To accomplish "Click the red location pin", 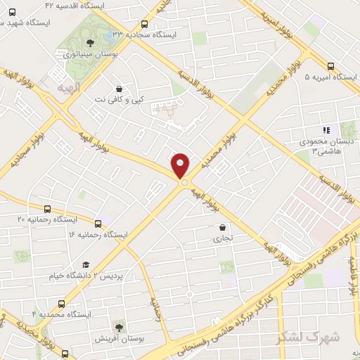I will coord(181,165).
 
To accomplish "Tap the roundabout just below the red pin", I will coord(185,183).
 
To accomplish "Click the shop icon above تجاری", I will coord(223,228).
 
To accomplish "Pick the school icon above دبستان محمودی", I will coord(325,131).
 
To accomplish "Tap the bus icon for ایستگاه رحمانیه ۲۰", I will coord(47,210).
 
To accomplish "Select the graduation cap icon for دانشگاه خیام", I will coord(86,265).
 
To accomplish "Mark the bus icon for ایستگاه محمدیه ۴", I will coord(61,304).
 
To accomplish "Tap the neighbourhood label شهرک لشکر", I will coord(309,337).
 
